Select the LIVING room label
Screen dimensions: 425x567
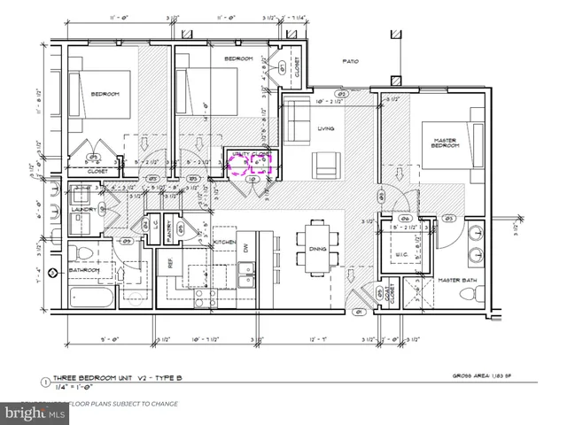(326, 129)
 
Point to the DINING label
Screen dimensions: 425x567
(317, 250)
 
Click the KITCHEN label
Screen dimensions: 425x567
(224, 242)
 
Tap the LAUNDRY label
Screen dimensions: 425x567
(84, 209)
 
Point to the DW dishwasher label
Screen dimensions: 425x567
(247, 248)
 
